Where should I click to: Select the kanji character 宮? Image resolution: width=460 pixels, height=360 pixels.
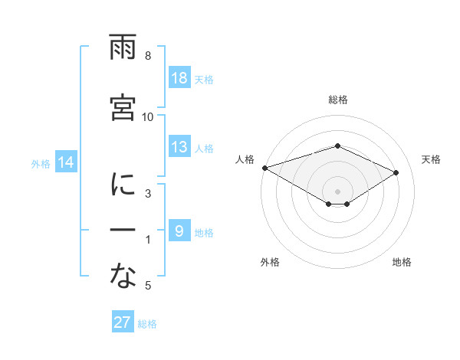pyautogui.click(x=123, y=108)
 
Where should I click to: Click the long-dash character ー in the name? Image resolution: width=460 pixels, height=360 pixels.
pyautogui.click(x=123, y=231)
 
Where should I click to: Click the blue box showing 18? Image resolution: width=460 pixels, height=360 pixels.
pyautogui.click(x=179, y=77)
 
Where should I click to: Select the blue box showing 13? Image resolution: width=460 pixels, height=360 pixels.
pyautogui.click(x=179, y=147)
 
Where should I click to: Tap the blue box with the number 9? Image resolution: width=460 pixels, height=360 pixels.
pyautogui.click(x=179, y=231)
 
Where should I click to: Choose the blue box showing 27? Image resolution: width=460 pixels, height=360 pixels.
pyautogui.click(x=122, y=322)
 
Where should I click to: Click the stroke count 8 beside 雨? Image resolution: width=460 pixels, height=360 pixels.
pyautogui.click(x=148, y=56)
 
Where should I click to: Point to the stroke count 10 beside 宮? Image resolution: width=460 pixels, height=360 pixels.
pyautogui.click(x=148, y=116)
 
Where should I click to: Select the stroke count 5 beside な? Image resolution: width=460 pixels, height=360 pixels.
pyautogui.click(x=148, y=286)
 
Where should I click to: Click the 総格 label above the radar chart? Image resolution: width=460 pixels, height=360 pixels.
pyautogui.click(x=337, y=100)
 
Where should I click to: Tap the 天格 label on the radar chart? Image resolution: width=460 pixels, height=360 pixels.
pyautogui.click(x=431, y=159)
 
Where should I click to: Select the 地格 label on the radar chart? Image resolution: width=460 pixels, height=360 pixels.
pyautogui.click(x=402, y=263)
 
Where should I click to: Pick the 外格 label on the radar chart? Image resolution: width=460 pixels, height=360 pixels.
pyautogui.click(x=270, y=263)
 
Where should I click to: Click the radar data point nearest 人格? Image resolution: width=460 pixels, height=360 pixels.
pyautogui.click(x=264, y=167)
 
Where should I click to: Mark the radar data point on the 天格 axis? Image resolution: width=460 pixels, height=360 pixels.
pyautogui.click(x=396, y=172)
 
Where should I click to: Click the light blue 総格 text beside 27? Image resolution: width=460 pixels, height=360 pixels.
pyautogui.click(x=147, y=323)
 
